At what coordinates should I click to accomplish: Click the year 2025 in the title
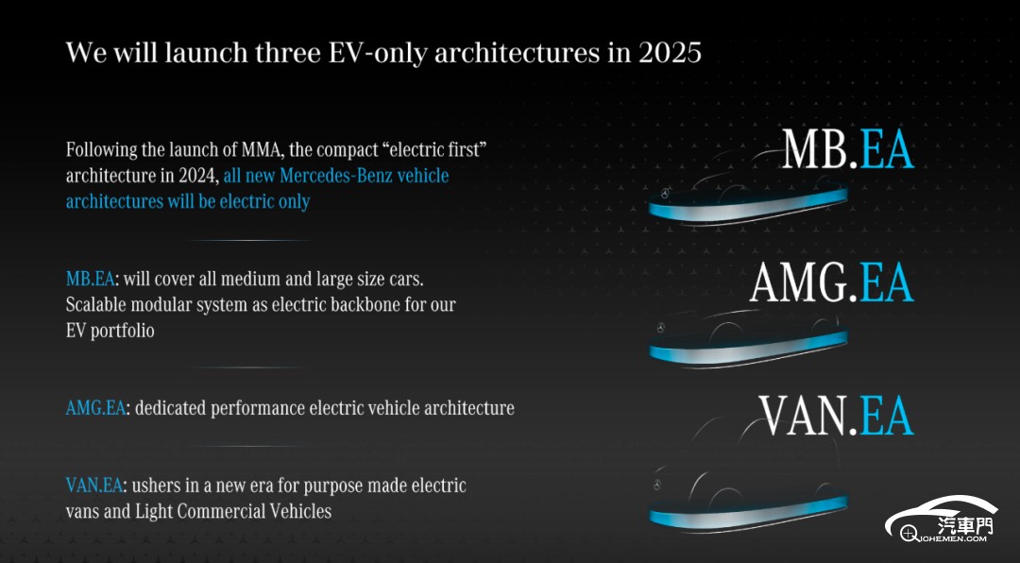pos(670,53)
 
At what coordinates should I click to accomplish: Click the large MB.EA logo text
pos(847,149)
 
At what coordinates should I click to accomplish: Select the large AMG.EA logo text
pos(832,282)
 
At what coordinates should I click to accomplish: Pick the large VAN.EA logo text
pos(837,416)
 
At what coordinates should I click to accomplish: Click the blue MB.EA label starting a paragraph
pos(91,280)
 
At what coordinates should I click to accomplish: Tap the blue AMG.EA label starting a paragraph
pos(95,408)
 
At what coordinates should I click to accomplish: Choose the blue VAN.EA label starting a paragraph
pos(94,486)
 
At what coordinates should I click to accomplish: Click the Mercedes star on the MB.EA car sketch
pos(666,194)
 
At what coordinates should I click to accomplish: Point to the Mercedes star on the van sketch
pos(657,485)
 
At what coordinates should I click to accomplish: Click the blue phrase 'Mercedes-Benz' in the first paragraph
pos(335,176)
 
